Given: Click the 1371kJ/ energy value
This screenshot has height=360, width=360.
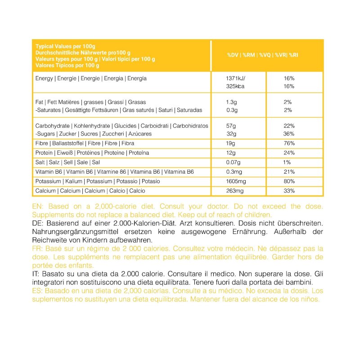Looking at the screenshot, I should [236, 78].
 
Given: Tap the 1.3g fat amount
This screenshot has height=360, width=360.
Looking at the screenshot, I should [231, 102].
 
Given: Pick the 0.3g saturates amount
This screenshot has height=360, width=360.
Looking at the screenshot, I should [231, 110].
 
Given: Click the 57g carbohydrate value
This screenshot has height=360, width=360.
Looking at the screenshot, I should [230, 126].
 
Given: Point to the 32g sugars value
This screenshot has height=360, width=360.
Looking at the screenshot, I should [230, 134].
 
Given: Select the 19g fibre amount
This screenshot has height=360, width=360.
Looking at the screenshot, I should [230, 144].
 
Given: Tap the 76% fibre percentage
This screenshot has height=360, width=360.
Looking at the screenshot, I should [289, 144].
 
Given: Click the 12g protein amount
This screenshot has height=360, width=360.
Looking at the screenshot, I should [230, 153].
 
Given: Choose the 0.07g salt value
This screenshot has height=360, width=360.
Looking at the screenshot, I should [233, 162].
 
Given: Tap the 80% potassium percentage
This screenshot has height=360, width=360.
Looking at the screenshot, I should [289, 181].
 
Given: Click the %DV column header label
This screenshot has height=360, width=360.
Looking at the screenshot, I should [233, 55].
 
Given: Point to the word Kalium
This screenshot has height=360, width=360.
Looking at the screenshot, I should [73, 181].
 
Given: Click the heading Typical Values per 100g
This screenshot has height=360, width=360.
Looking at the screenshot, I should [65, 46].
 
